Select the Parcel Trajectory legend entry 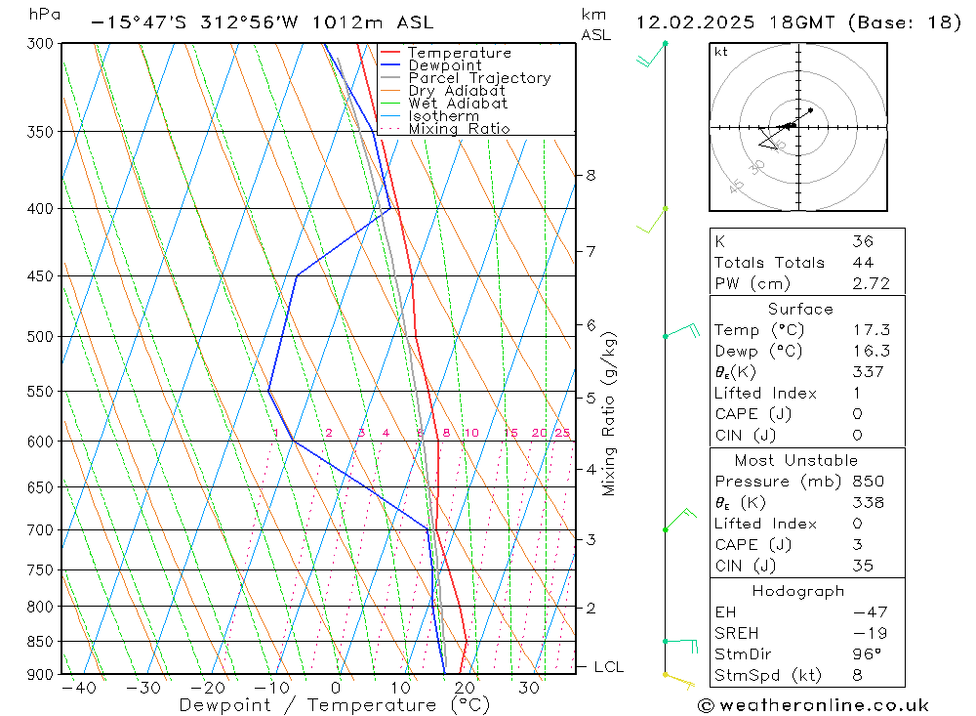pos(479,78)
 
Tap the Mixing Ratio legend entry pos(459,129)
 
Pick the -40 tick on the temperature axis pos(78,689)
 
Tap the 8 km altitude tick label pos(590,176)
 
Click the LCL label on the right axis pos(608,667)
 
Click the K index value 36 pos(862,241)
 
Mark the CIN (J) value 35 pos(862,566)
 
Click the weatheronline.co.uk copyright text pos(813,705)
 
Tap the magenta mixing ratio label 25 pos(562,434)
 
